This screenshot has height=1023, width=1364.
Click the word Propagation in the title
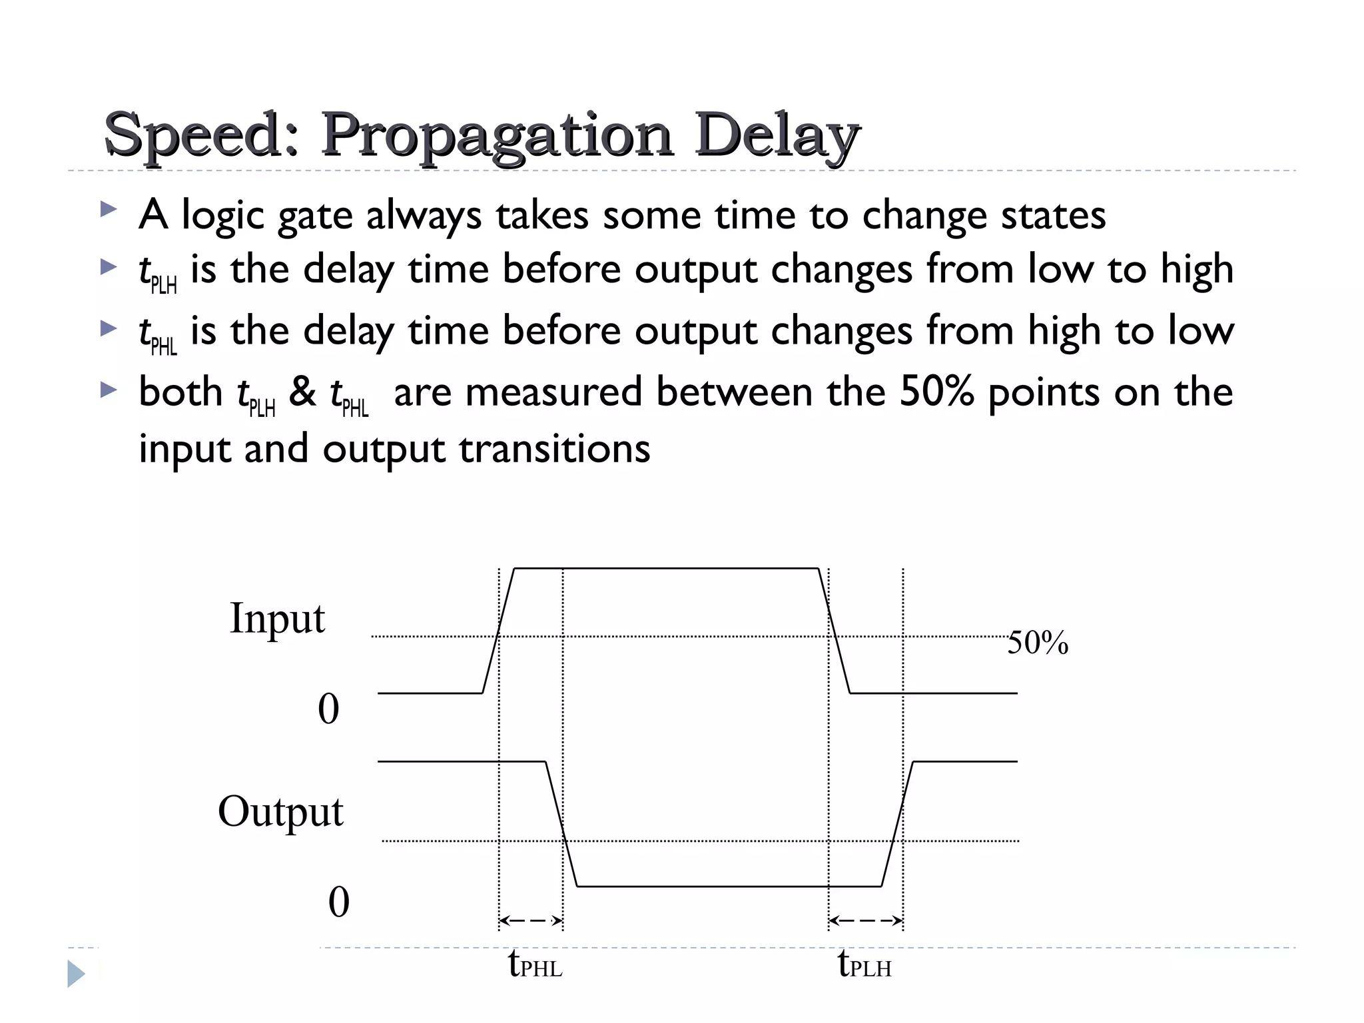(497, 135)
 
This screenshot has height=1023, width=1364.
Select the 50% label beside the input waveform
(1038, 643)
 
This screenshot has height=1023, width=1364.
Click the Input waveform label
(277, 619)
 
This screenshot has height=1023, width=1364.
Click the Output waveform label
(280, 812)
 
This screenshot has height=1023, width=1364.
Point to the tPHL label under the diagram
(535, 964)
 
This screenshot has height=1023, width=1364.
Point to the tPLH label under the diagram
(864, 964)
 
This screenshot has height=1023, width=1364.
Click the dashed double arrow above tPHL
(531, 921)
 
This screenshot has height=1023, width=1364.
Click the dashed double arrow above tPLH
(866, 921)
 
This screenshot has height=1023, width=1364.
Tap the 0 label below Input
(328, 709)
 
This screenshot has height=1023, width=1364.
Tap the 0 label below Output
(338, 902)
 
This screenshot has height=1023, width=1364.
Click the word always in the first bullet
(424, 216)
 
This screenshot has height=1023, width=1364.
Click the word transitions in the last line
(555, 448)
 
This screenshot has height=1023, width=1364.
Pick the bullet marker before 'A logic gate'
(108, 210)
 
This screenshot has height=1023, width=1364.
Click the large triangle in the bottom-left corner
(76, 974)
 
